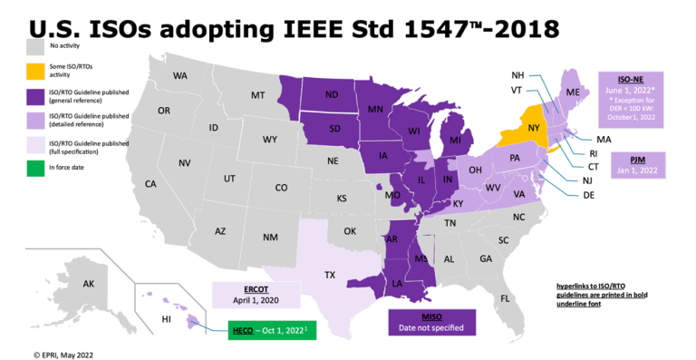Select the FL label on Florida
pyautogui.click(x=505, y=297)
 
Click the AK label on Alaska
pyautogui.click(x=88, y=284)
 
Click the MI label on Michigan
pyautogui.click(x=455, y=143)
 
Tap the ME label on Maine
pyautogui.click(x=572, y=93)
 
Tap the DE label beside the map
pyautogui.click(x=588, y=195)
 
